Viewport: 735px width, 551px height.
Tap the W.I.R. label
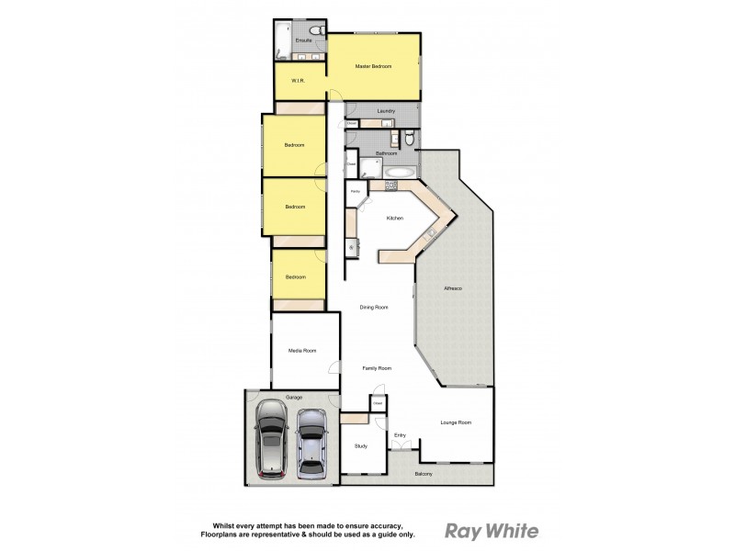298,82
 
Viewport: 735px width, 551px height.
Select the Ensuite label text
303,40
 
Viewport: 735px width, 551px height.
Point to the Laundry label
386,111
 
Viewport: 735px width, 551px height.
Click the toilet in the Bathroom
409,140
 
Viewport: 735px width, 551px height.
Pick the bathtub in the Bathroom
401,172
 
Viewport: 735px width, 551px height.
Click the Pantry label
355,191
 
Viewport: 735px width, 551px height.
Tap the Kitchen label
395,218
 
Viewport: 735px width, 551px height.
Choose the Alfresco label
453,289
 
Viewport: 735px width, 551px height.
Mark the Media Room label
302,351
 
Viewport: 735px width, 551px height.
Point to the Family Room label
377,368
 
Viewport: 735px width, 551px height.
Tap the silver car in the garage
312,441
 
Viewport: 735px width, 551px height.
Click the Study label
361,446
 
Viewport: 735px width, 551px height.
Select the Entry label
400,435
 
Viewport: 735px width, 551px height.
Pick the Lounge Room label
456,422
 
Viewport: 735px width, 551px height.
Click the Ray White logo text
492,531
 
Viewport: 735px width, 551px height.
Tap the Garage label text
293,397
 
